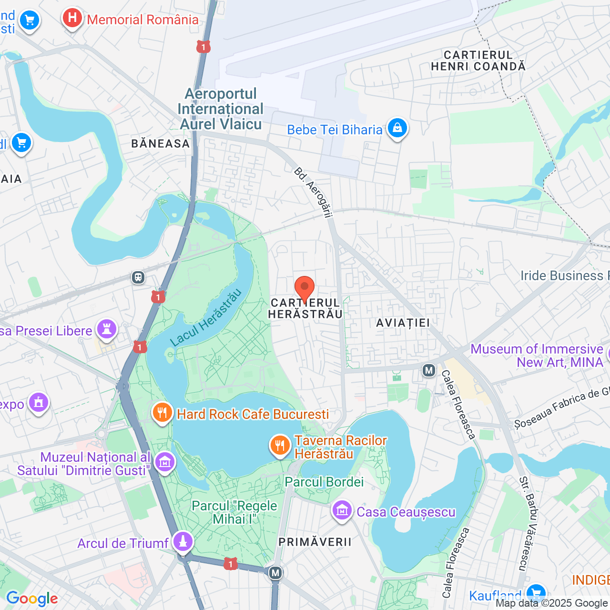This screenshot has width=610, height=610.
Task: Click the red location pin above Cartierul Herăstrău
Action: [305, 289]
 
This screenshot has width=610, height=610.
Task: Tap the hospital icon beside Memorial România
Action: [72, 19]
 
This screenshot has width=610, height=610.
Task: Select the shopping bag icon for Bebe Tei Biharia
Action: [396, 128]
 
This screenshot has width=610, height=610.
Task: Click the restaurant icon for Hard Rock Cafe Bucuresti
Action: [162, 413]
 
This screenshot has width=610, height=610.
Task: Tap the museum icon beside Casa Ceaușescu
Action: [342, 511]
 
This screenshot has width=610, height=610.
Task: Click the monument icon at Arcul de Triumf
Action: [183, 542]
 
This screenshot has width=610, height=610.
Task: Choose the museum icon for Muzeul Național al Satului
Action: [165, 462]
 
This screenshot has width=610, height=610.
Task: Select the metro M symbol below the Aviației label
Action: [429, 370]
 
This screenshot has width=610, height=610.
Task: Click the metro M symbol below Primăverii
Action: [275, 573]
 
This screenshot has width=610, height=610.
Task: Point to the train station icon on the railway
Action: [138, 277]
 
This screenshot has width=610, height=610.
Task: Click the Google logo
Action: [32, 599]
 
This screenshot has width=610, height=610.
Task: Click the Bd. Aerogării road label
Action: [313, 193]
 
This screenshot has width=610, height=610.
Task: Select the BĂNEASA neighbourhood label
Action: [161, 143]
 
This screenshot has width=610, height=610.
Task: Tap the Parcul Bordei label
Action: [324, 482]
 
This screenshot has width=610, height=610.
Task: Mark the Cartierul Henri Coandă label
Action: [478, 61]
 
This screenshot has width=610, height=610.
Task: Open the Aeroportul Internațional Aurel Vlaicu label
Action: [221, 109]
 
